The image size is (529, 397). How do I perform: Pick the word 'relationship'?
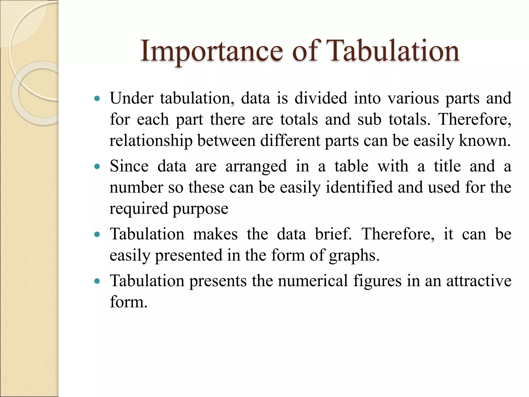(x=151, y=141)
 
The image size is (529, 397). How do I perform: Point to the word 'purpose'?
(x=200, y=209)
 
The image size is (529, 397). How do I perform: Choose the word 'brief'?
(x=333, y=234)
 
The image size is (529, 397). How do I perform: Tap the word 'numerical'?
(x=313, y=281)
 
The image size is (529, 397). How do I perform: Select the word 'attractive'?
(x=479, y=281)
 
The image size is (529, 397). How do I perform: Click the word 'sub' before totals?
(x=369, y=119)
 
